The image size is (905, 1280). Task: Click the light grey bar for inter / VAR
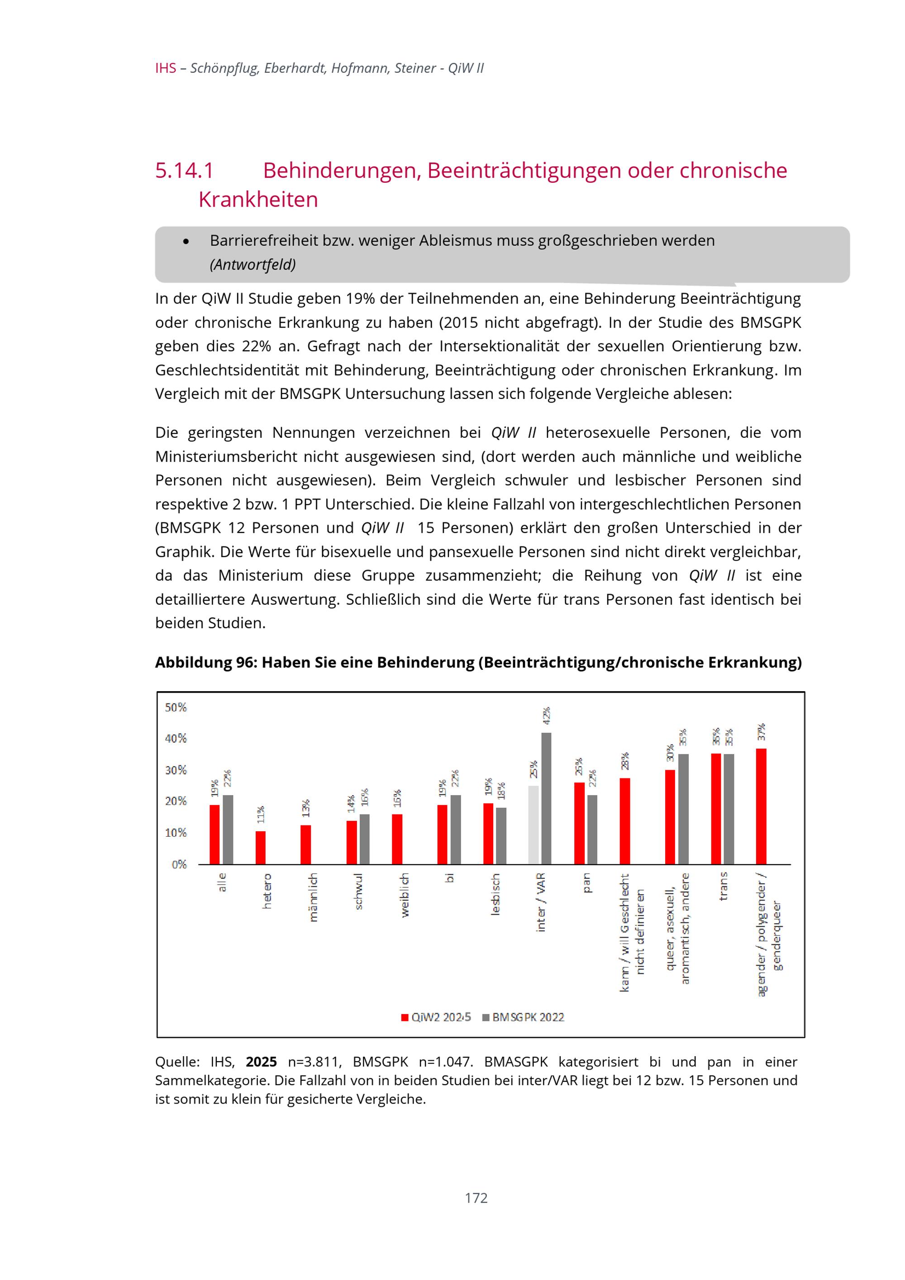coord(533,825)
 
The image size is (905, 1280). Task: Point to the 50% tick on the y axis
coord(176,707)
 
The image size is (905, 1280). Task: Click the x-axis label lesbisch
coord(495,894)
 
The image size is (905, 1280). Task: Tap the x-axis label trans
coord(723,887)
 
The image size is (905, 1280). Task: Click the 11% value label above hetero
coord(260,815)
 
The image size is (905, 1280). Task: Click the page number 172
coord(476,1198)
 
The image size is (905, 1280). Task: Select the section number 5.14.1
coord(185,171)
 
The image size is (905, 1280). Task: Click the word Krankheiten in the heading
coord(258,199)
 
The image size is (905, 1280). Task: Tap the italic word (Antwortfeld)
coord(252,264)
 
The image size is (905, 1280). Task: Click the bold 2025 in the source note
coord(261,1062)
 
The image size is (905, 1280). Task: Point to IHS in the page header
coord(166,69)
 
